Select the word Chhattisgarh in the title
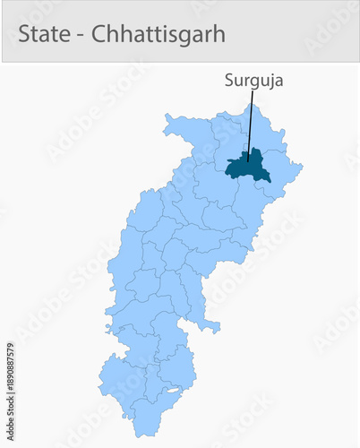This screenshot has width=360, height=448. click(x=168, y=35)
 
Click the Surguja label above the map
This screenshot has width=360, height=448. click(x=253, y=80)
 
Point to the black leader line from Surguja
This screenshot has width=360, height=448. click(x=251, y=125)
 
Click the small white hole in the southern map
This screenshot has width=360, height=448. click(x=174, y=392)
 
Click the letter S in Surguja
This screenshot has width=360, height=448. click(x=229, y=80)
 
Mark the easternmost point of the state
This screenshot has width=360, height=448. click(x=302, y=166)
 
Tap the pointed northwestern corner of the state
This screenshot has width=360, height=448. click(x=165, y=116)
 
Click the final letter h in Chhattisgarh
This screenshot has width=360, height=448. click(x=219, y=35)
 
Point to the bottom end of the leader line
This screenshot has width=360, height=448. click(x=248, y=161)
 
